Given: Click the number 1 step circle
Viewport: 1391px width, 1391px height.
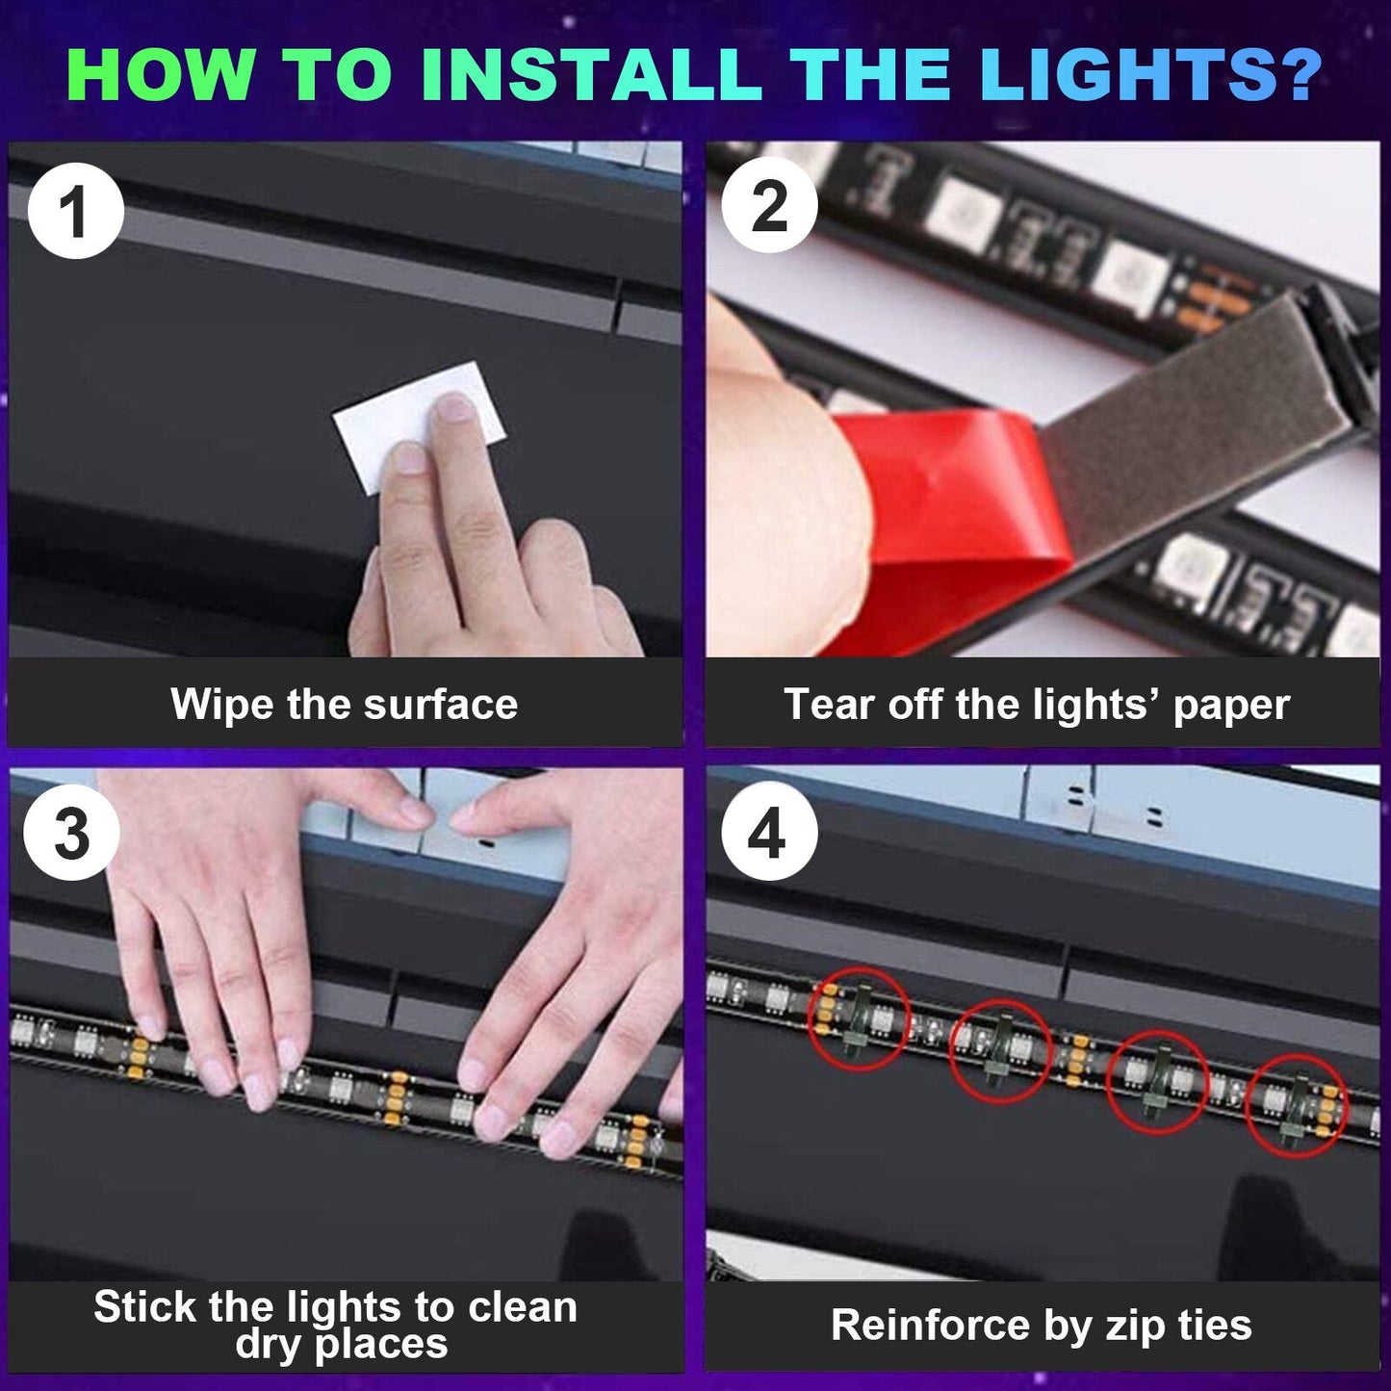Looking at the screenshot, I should [x=76, y=211].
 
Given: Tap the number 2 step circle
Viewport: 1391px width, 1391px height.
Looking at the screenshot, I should [x=769, y=205].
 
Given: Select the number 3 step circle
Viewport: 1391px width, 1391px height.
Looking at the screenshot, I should [x=72, y=833].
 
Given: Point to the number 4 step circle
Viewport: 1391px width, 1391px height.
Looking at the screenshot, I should [x=768, y=833].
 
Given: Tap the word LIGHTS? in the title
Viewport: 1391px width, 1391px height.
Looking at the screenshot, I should [x=1151, y=74].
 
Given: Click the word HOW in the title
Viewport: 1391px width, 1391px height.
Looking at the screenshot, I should [x=161, y=74].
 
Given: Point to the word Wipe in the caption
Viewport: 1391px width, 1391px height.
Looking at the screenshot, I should [x=222, y=704].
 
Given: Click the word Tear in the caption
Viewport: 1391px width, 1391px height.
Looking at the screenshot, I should [x=830, y=704].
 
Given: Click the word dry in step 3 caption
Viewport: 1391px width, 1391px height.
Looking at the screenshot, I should [x=269, y=1345].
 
